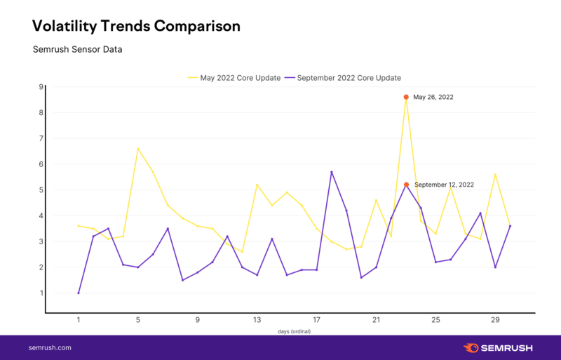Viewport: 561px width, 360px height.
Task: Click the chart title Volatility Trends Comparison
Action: point(137,26)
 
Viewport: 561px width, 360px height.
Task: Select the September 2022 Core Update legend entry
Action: point(349,77)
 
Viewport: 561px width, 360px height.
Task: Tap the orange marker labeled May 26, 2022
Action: point(406,97)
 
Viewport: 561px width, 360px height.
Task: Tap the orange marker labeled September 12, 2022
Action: point(406,185)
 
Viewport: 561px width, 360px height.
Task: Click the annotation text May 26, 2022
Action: point(433,97)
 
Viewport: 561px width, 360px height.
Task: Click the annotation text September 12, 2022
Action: point(444,185)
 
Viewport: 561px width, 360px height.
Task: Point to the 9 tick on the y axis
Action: point(41,87)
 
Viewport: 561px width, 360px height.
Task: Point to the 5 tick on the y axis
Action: point(41,190)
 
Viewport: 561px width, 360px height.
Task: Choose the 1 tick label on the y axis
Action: point(41,293)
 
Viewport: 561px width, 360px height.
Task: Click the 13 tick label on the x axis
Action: point(257,320)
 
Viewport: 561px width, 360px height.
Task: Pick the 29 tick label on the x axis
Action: point(495,320)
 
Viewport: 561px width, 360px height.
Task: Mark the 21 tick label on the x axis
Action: point(377,320)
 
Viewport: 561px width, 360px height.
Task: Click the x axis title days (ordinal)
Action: point(294,331)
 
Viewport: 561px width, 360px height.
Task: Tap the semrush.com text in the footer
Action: point(50,347)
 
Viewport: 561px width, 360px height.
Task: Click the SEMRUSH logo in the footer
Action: point(499,347)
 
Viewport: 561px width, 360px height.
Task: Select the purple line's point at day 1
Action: point(79,293)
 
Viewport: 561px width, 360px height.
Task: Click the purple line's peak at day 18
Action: point(332,172)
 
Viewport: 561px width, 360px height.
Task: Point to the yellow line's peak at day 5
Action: point(138,149)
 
